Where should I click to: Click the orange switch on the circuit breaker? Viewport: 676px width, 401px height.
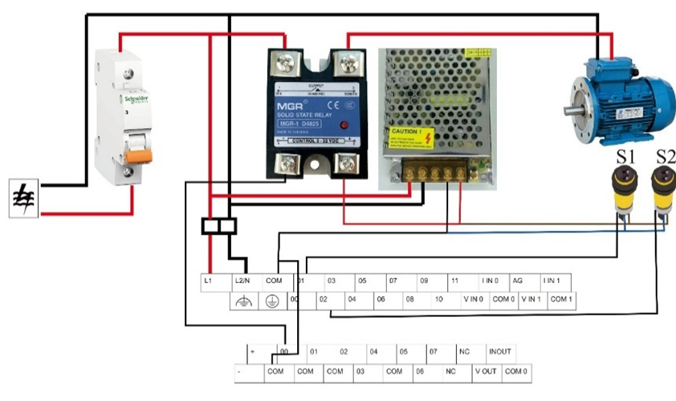point(134,154)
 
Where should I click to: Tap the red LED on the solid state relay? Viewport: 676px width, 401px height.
point(343,125)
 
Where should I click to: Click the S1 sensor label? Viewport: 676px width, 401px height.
point(626,156)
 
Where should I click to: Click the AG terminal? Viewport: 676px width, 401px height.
point(519,282)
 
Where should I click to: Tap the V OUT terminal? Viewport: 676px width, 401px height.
point(486,372)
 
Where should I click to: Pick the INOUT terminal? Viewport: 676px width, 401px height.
point(500,352)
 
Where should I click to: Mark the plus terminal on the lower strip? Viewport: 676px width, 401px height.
point(254,352)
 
